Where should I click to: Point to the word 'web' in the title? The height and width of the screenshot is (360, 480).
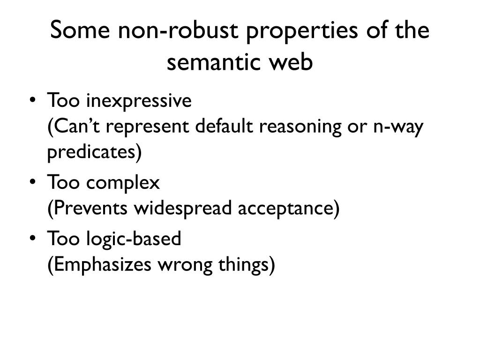click(293, 63)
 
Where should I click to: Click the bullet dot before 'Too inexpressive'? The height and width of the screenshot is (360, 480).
click(32, 101)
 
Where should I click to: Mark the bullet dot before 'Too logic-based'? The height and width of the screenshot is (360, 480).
click(32, 239)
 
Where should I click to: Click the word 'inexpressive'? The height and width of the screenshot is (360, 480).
click(138, 101)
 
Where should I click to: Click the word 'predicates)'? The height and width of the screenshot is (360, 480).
click(94, 153)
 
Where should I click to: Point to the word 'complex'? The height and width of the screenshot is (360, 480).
click(123, 183)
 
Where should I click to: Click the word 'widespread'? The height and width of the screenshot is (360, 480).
click(183, 209)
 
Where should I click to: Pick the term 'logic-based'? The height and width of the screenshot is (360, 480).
click(134, 239)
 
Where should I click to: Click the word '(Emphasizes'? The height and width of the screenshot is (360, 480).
click(99, 265)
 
